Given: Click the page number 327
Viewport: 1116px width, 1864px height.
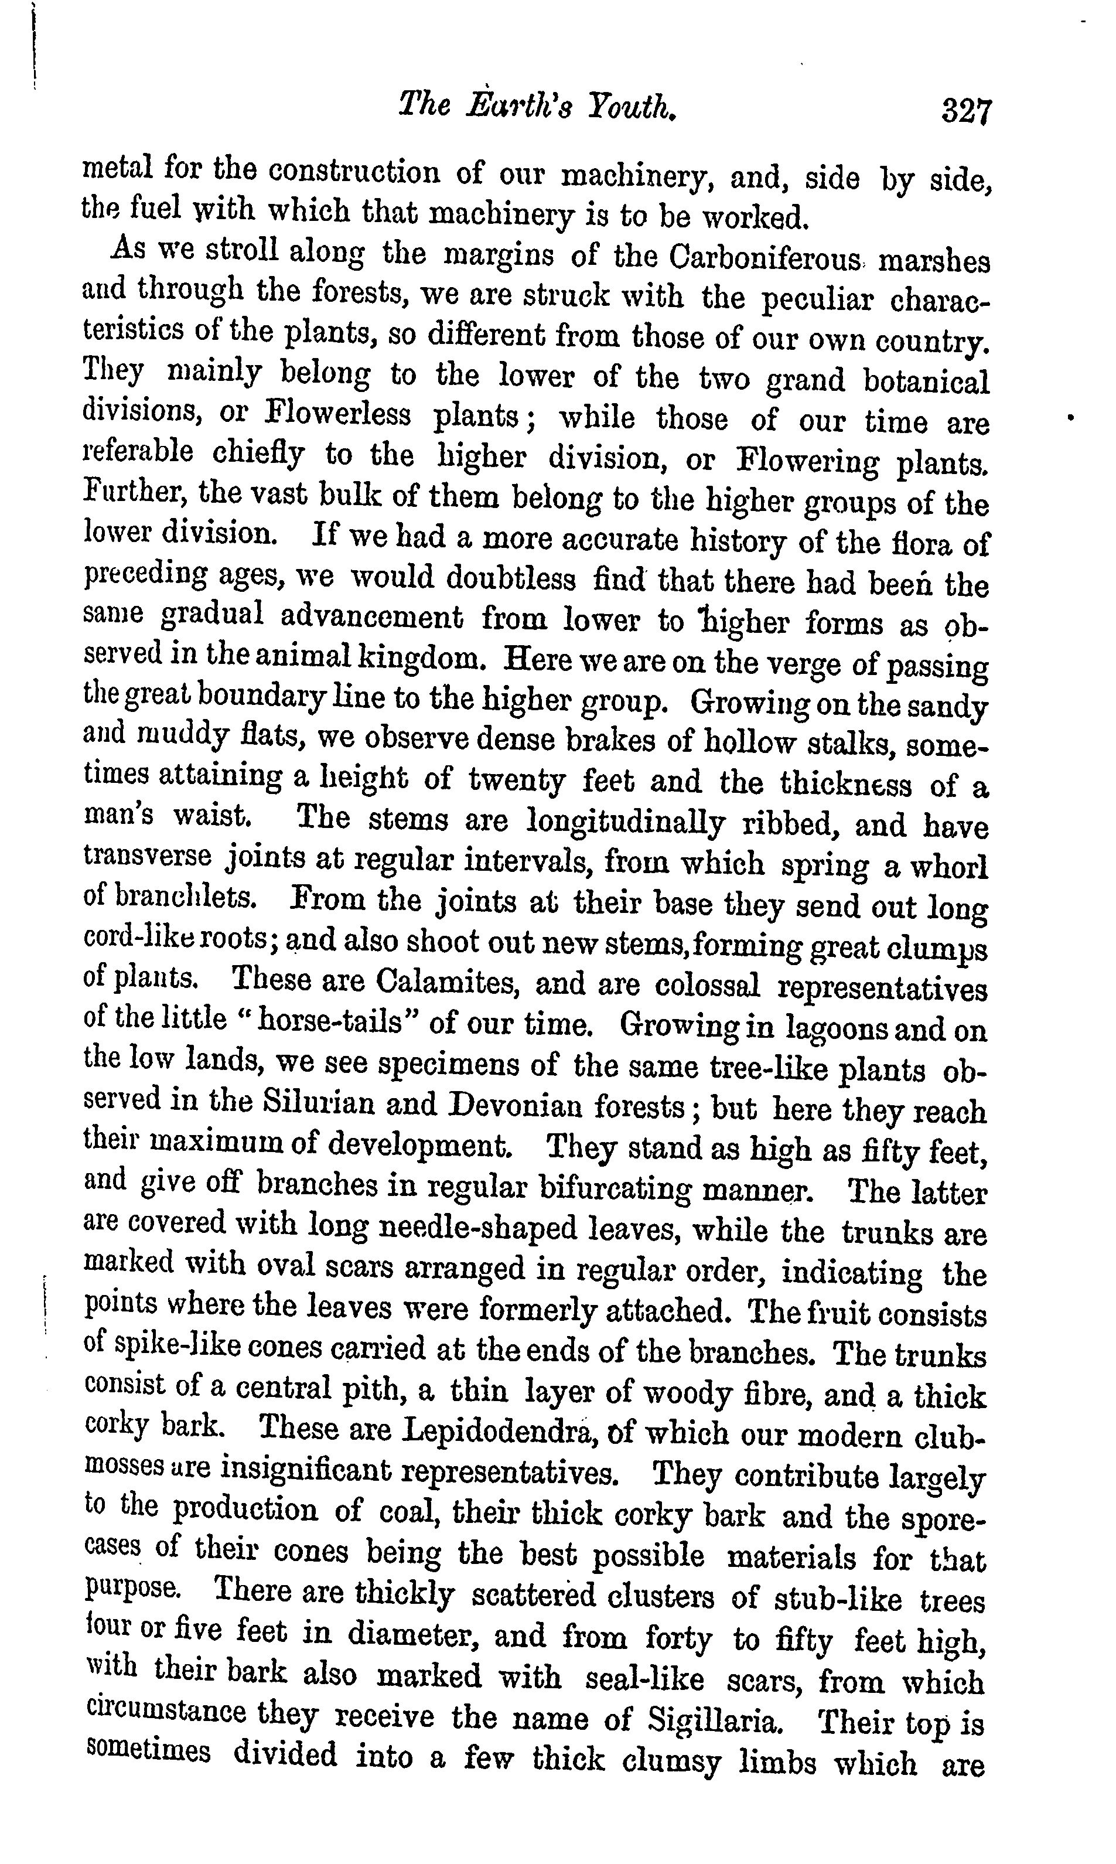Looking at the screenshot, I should click(967, 112).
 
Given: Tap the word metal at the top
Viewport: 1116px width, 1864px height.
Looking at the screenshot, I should click(117, 166).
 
